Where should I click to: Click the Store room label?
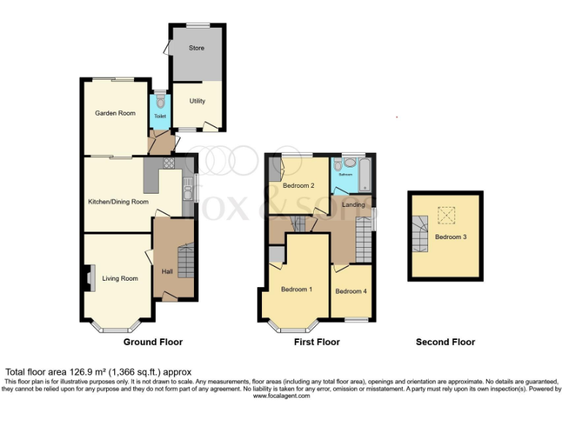tap(196, 48)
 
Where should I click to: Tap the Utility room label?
tap(196, 102)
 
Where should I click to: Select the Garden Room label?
tap(115, 113)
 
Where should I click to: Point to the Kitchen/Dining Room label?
tap(118, 202)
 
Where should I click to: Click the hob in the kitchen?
tap(169, 164)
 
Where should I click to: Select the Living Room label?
tap(120, 278)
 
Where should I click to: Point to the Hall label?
tap(167, 272)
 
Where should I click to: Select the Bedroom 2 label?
tap(299, 186)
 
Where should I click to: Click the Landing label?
tap(353, 205)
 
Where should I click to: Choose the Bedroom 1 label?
tap(296, 289)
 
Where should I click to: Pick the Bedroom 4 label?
tap(351, 292)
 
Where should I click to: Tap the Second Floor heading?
tap(445, 342)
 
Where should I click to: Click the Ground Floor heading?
tap(152, 342)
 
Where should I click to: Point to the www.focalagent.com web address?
tap(280, 396)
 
